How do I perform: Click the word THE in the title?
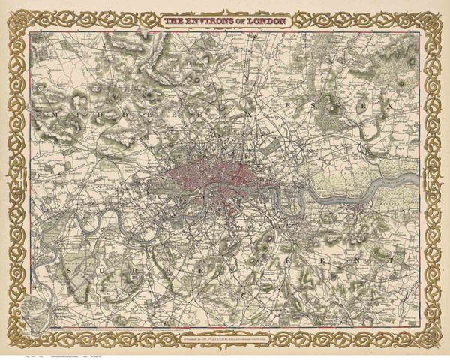click(175, 20)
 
